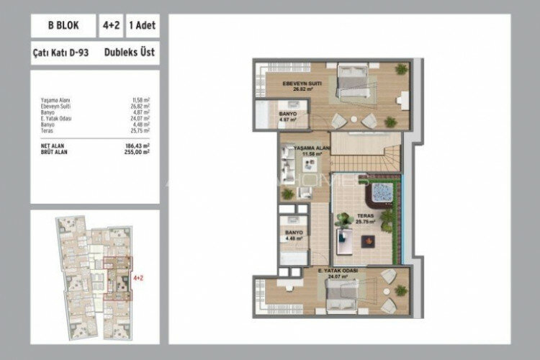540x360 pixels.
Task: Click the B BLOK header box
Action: [x=62, y=26]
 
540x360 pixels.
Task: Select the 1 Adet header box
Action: [x=143, y=26]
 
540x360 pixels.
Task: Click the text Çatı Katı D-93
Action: [x=60, y=52]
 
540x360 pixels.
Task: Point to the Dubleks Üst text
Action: [x=129, y=52]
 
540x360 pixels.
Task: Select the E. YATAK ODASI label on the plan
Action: [x=338, y=272]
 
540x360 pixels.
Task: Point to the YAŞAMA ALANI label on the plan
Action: [x=312, y=150]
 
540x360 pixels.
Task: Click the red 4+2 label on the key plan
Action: [x=138, y=276]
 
